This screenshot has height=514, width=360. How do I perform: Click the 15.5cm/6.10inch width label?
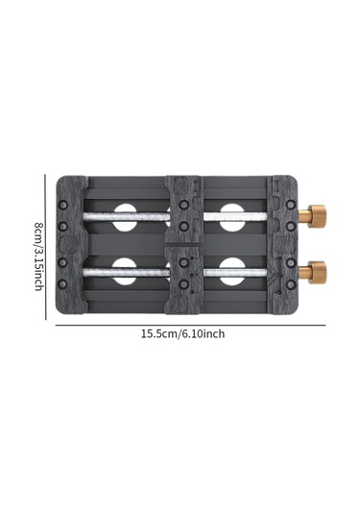(182, 334)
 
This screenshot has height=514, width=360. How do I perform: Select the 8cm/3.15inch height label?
(39, 257)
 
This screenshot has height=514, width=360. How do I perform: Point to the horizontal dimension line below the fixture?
(190, 325)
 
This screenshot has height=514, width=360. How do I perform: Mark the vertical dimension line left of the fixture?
(45, 247)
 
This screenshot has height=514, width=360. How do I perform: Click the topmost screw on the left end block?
(62, 205)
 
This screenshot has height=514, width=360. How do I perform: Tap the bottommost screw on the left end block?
(62, 283)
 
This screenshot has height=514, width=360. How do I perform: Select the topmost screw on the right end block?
(291, 205)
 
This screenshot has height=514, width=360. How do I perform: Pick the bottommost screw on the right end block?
(291, 284)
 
